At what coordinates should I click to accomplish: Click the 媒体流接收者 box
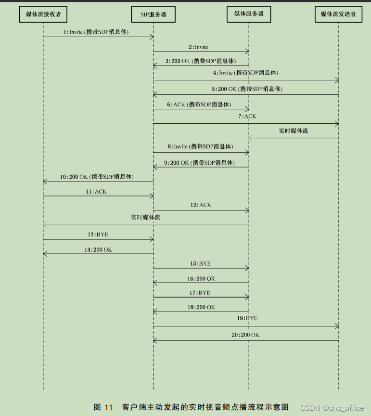[43, 14]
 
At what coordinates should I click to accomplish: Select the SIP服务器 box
[153, 14]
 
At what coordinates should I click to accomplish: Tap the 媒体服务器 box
[249, 14]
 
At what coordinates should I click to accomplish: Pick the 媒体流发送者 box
[338, 14]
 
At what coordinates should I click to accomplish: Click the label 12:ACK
[201, 205]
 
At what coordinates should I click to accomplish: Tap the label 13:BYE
[98, 234]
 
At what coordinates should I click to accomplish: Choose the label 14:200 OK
[98, 250]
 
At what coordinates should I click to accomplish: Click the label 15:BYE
[200, 263]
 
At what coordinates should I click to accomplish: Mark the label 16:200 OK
[201, 278]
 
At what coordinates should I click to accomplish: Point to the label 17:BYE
[200, 292]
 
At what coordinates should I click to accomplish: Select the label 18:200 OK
[201, 307]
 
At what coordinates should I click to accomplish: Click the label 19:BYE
[247, 318]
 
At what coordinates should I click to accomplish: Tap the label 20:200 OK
[245, 335]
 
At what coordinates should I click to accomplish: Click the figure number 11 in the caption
[109, 407]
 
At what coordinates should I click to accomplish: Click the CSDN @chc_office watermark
[332, 408]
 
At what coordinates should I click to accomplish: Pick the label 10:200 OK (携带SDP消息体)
[96, 177]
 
